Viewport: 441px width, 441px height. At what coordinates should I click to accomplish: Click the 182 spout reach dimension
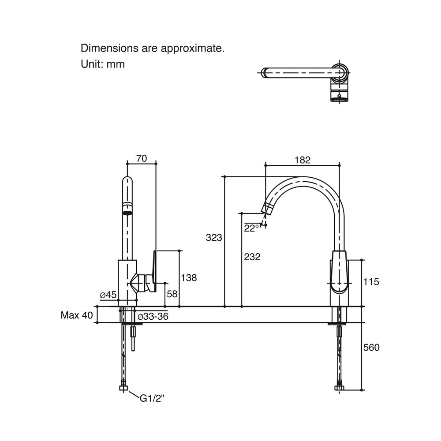303,160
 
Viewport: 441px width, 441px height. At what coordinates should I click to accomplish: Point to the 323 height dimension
214,238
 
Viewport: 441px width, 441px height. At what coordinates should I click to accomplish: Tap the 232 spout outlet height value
252,257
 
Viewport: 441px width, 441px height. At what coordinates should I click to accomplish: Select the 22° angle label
251,228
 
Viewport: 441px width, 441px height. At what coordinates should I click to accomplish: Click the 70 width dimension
142,159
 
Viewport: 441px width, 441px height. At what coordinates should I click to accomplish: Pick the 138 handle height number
188,277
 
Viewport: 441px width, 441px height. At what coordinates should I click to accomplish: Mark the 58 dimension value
172,294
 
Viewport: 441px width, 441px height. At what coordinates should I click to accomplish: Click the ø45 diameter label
108,295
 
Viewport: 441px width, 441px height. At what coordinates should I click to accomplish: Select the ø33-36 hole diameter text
153,317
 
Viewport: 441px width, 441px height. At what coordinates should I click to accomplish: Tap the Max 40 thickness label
76,315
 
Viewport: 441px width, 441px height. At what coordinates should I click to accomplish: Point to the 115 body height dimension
371,281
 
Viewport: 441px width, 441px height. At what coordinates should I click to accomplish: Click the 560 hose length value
371,348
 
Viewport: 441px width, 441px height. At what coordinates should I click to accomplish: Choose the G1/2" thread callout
152,398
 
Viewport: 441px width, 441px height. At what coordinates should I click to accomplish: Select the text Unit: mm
103,64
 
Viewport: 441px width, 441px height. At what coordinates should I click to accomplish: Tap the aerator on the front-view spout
127,213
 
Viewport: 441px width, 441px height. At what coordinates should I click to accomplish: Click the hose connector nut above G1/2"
123,388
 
